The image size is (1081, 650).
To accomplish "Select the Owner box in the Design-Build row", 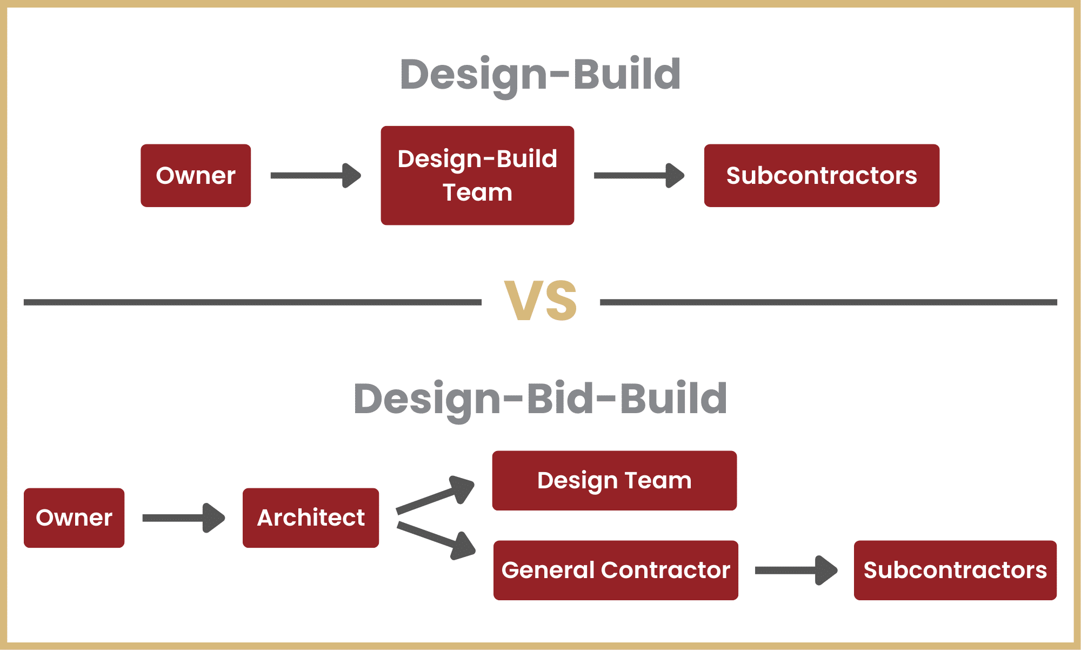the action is (196, 175).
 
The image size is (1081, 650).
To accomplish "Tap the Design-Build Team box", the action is (477, 175).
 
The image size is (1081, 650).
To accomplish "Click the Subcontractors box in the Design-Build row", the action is (822, 175).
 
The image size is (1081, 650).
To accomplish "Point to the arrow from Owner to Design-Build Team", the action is (316, 175).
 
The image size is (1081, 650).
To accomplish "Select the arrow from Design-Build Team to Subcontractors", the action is (639, 175).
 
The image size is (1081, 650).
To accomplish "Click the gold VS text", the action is (540, 301).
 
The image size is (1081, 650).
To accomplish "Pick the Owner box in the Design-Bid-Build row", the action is (74, 518).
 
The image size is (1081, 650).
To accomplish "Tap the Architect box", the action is (311, 518).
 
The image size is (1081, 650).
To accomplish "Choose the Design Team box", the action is (615, 480).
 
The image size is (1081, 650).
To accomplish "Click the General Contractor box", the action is (616, 570).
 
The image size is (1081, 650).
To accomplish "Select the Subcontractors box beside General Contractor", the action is (955, 570).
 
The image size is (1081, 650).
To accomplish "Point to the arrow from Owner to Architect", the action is (184, 518).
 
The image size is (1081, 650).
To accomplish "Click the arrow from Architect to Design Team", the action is (436, 494).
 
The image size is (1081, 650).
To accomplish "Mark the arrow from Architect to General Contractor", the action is (436, 540).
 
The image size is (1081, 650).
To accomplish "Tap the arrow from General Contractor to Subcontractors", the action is (796, 570).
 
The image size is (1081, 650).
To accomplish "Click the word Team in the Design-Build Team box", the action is (477, 193).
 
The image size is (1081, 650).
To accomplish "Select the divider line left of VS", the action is (252, 302).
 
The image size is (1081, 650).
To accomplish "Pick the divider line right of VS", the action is (829, 302).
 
